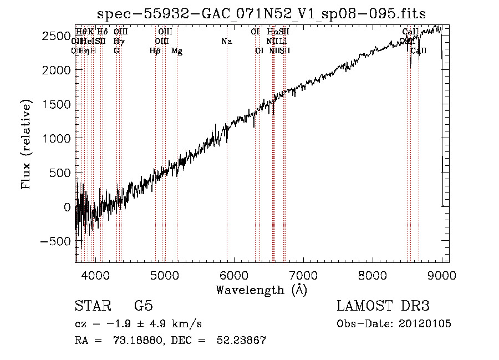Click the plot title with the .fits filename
coord(261,13)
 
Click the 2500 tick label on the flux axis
coord(57,36)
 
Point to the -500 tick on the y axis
coord(56,242)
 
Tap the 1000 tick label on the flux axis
coord(57,138)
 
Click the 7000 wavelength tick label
coord(303,275)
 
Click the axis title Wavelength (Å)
coord(261,290)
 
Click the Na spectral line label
coord(226,42)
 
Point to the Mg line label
coord(177,51)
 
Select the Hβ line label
coord(155,51)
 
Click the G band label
coord(116,51)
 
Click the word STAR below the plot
coord(91,306)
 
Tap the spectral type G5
coord(144,306)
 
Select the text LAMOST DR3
coord(383,306)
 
